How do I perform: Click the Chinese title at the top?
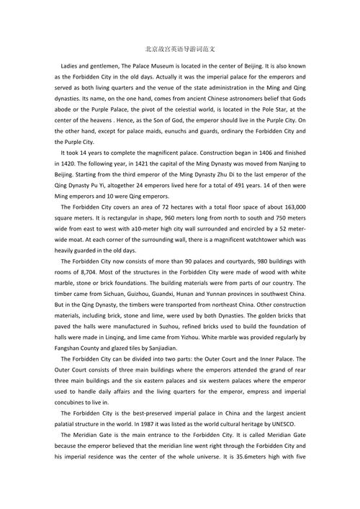pyautogui.click(x=179, y=50)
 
